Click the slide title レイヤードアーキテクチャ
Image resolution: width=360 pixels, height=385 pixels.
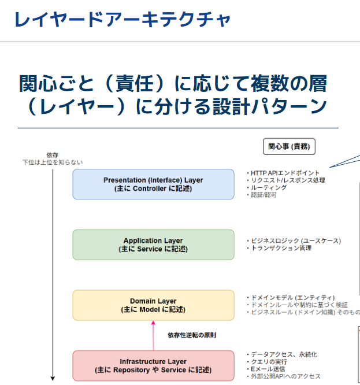point(122,20)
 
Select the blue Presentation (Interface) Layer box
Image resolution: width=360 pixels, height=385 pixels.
point(153,184)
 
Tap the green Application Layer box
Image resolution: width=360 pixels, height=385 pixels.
point(153,245)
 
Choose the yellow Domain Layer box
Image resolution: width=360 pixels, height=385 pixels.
point(153,305)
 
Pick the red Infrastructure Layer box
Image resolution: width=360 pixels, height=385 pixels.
point(153,366)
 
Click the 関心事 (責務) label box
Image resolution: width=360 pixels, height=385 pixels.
point(289,147)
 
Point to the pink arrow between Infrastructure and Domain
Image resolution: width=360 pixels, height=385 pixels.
point(153,335)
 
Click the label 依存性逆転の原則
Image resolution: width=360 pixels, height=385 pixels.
point(192,335)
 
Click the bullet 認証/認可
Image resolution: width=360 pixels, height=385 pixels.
point(263,195)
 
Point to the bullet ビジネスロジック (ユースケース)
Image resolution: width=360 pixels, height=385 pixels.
point(295,240)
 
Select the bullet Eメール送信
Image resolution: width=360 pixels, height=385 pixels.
point(267,369)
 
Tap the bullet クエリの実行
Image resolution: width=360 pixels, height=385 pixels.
point(268,361)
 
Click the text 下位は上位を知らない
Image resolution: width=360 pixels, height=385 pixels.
point(52,162)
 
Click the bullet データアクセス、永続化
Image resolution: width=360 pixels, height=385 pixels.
point(283,354)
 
